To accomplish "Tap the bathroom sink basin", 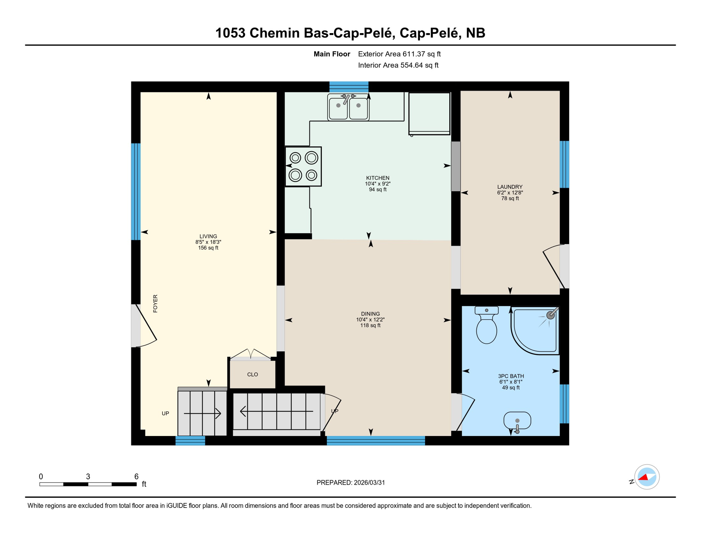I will tap(517, 421).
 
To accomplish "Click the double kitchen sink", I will tap(348, 107).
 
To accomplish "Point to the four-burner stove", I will tap(303, 166).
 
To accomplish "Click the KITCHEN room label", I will tap(378, 178).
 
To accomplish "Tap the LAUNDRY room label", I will tap(510, 187).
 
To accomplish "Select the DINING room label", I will tap(370, 314).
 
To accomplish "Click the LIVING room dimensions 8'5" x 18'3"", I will tap(208, 242).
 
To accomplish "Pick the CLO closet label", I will tap(252, 374).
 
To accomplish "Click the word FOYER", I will tap(156, 304).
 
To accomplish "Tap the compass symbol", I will tap(647, 477).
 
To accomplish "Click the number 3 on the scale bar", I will tap(88, 477).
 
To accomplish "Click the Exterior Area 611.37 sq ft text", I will tap(399, 54).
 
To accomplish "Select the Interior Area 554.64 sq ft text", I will tap(398, 65).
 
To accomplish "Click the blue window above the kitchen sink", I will tap(349, 87).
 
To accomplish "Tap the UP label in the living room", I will tap(165, 413).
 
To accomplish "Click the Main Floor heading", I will tap(332, 54).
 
